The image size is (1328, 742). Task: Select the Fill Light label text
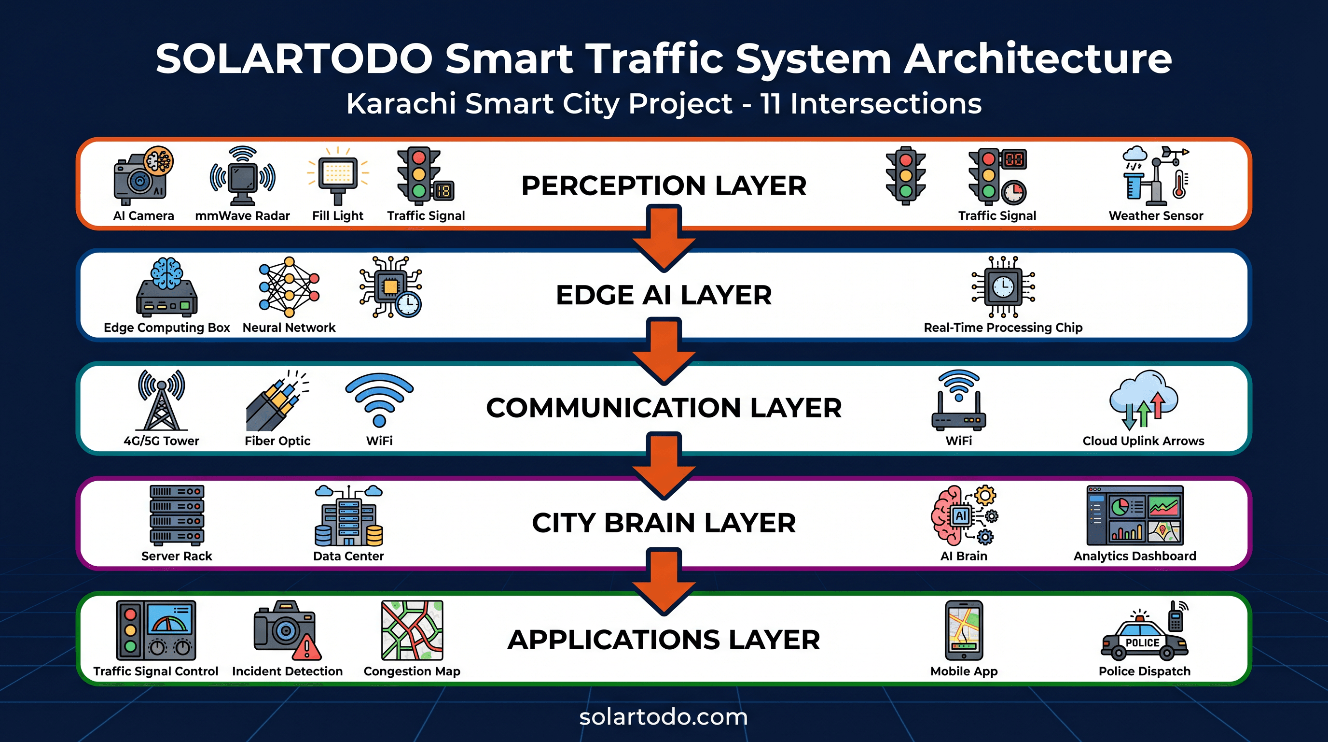tap(338, 215)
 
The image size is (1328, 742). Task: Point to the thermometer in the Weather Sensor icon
tap(1179, 185)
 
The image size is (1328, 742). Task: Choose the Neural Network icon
tap(289, 287)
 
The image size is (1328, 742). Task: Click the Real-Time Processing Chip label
tap(1003, 328)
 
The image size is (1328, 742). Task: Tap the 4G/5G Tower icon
tap(161, 400)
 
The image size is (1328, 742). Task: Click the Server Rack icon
tap(177, 515)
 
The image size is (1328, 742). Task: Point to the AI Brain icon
tap(964, 515)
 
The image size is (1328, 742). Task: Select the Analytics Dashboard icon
tap(1134, 515)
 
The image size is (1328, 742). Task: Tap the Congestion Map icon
tap(412, 630)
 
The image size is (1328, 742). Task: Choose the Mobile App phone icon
tap(964, 630)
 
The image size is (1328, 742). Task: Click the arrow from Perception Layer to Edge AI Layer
tap(664, 237)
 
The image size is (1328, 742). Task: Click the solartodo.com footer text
tap(664, 717)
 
